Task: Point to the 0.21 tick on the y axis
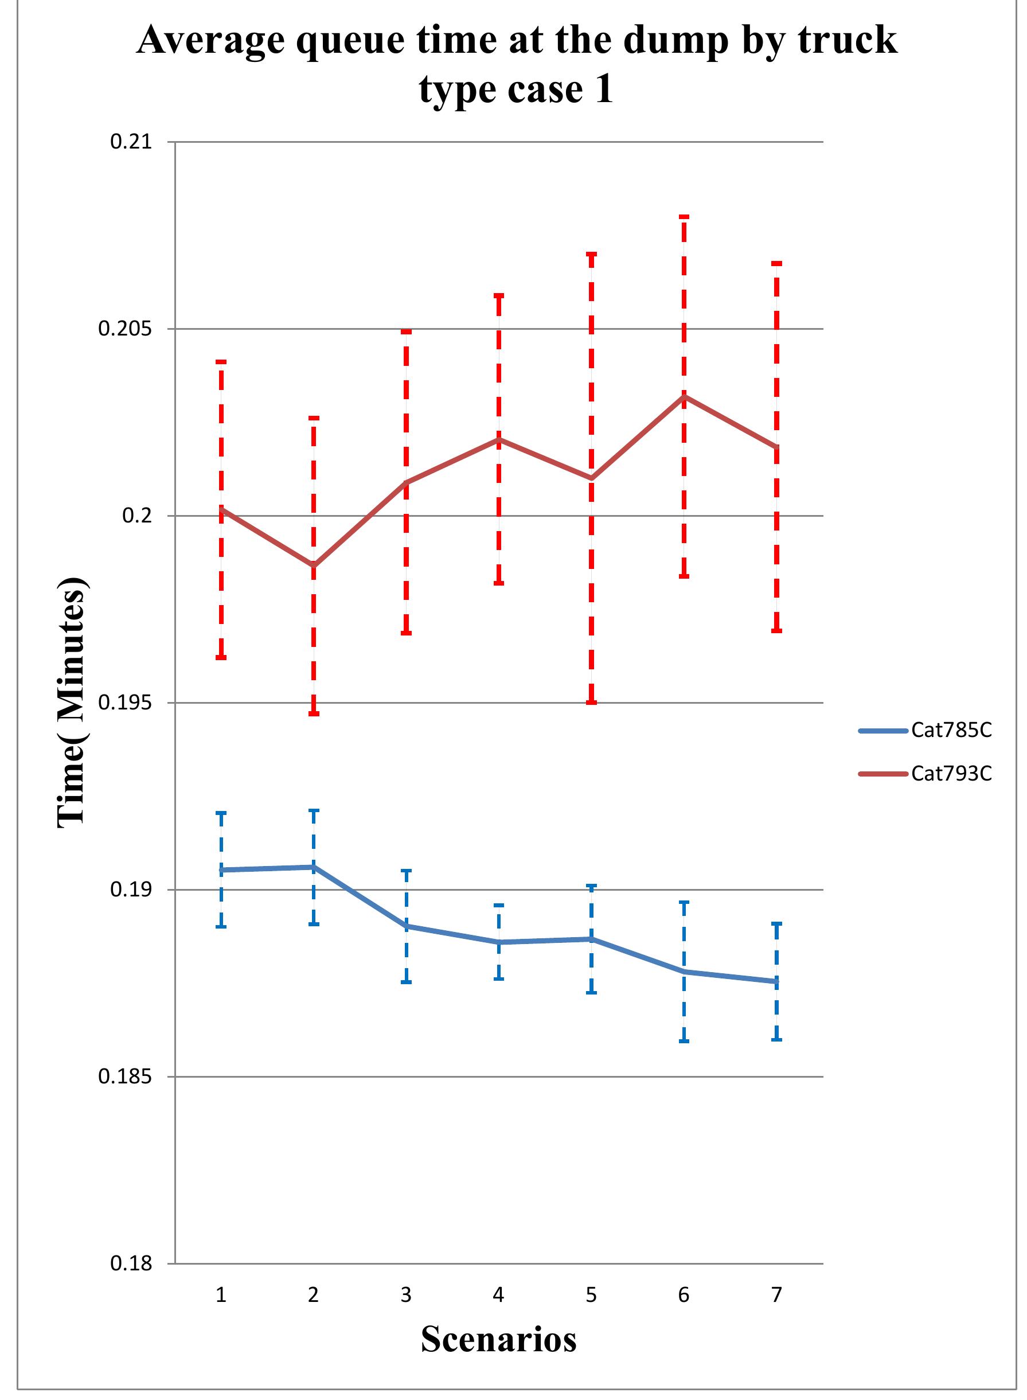[x=131, y=142]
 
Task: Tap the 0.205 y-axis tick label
[x=125, y=329]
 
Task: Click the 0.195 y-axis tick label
[x=125, y=703]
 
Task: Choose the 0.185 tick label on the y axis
[x=125, y=1076]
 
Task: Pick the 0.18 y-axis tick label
[x=131, y=1263]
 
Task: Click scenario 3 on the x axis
[x=406, y=1296]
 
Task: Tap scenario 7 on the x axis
[x=776, y=1296]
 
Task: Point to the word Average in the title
[x=209, y=40]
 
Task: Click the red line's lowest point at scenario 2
[x=314, y=565]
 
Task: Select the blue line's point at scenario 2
[x=314, y=867]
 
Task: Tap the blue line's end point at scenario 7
[x=776, y=982]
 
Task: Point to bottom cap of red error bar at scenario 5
[x=591, y=703]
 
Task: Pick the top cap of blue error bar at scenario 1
[x=221, y=813]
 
